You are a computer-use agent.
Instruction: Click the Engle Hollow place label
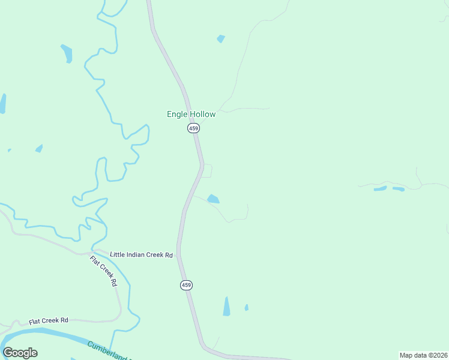point(191,114)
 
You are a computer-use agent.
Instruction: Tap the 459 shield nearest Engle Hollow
point(193,128)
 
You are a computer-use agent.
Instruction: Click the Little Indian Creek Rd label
point(141,255)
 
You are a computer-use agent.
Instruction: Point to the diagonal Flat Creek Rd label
point(103,271)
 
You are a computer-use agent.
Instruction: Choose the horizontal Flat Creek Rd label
point(49,320)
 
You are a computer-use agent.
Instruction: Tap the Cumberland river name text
point(108,350)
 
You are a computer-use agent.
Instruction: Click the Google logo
point(20,353)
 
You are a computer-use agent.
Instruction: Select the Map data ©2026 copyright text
point(423,355)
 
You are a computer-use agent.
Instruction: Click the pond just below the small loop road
point(213,199)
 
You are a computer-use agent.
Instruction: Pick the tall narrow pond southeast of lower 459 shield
point(226,306)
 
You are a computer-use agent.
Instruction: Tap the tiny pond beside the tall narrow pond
point(246,308)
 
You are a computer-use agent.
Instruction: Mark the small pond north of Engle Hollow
point(221,39)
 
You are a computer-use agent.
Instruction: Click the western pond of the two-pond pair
point(380,188)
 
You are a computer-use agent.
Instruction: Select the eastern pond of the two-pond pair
point(398,189)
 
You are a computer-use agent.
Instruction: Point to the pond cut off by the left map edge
point(2,103)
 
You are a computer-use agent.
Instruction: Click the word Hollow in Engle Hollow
point(202,114)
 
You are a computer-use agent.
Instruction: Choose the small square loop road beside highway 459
point(207,170)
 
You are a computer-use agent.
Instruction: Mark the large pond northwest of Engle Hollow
point(67,53)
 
